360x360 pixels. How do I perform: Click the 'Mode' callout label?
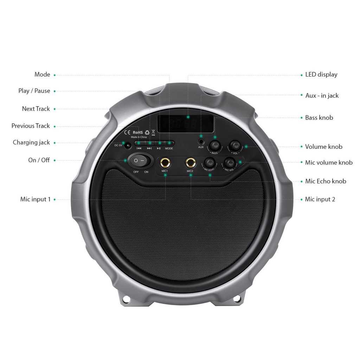click(x=42, y=75)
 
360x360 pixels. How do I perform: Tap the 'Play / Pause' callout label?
click(x=34, y=91)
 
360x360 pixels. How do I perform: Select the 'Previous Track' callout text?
click(x=31, y=126)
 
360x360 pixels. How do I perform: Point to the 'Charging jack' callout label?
click(x=31, y=142)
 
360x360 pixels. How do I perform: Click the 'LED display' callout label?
click(x=321, y=75)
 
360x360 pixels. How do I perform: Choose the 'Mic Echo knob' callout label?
click(x=326, y=181)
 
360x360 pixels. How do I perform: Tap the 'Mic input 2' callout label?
click(x=320, y=199)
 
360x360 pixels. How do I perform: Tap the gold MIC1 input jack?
click(x=165, y=163)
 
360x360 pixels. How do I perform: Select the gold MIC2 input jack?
click(x=191, y=163)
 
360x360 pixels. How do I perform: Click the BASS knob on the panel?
click(x=215, y=145)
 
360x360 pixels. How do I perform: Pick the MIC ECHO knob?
click(x=210, y=163)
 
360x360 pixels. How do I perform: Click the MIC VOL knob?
click(x=230, y=163)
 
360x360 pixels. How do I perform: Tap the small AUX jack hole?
click(x=201, y=141)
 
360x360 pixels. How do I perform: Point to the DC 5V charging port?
click(x=128, y=146)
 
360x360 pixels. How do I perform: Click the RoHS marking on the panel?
click(x=138, y=133)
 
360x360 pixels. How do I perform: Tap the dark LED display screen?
click(x=186, y=124)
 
